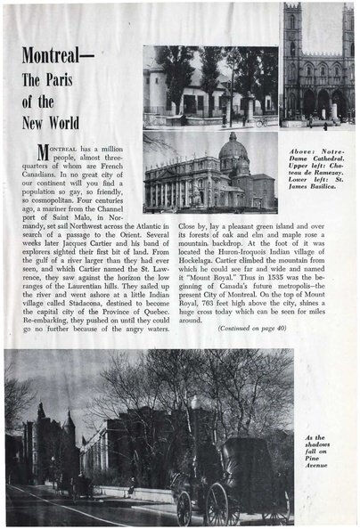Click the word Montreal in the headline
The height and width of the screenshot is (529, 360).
[59, 57]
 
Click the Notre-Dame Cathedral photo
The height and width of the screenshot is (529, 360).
[317, 67]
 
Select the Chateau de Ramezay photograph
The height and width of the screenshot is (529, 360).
[210, 87]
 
